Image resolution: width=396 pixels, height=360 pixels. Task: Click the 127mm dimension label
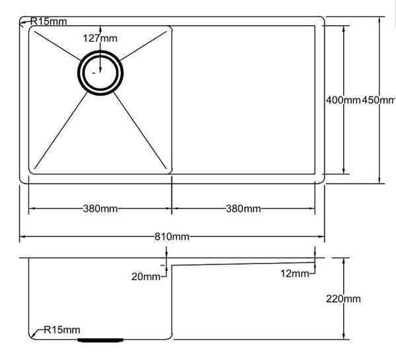tap(100, 38)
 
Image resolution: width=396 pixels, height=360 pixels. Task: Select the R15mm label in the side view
tap(61, 329)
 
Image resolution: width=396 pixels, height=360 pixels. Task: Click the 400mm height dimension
tap(343, 100)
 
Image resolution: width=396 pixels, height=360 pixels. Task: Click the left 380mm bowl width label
tap(100, 209)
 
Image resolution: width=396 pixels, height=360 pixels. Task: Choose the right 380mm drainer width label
tap(243, 209)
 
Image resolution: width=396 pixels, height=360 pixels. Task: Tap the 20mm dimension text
tap(147, 277)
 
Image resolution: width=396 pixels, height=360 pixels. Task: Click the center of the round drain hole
tap(100, 73)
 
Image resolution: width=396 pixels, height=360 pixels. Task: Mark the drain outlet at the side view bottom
tap(100, 340)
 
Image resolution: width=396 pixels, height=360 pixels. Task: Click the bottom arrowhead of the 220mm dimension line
tap(345, 336)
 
